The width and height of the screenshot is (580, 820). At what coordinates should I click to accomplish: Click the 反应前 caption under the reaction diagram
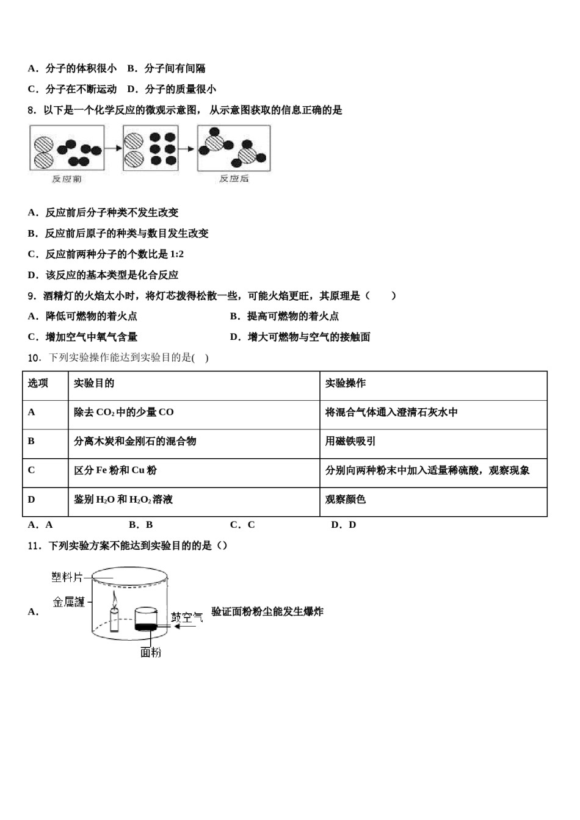click(x=67, y=179)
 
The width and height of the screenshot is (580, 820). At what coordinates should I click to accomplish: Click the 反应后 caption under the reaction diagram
click(x=234, y=179)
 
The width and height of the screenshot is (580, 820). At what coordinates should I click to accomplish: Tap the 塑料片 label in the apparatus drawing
click(x=67, y=577)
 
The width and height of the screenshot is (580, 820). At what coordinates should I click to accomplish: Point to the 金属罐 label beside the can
click(x=69, y=602)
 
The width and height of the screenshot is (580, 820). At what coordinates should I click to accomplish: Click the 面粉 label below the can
click(x=151, y=652)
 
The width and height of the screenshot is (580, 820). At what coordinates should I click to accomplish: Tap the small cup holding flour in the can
click(x=146, y=619)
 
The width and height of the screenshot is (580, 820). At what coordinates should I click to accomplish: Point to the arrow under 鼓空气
click(x=185, y=627)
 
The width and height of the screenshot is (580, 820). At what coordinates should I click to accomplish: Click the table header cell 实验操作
click(x=345, y=383)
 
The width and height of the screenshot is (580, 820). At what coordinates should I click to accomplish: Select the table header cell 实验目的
click(x=94, y=383)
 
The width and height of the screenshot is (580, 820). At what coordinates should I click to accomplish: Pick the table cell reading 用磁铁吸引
click(x=350, y=441)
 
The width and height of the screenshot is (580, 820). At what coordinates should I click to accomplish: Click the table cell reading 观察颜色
click(x=345, y=499)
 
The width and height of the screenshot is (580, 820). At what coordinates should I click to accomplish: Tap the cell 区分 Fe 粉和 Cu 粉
click(x=115, y=470)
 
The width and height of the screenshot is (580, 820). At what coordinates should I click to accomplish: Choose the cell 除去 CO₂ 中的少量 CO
click(x=123, y=412)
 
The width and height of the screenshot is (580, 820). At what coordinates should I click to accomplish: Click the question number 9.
click(x=31, y=296)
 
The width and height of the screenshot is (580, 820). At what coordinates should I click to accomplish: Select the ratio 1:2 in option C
click(x=176, y=254)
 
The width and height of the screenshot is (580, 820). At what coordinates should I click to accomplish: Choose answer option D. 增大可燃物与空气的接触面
click(x=300, y=337)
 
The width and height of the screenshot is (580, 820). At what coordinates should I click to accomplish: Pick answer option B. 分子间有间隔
click(x=166, y=68)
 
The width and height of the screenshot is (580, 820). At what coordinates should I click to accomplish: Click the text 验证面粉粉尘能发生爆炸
click(x=267, y=612)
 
